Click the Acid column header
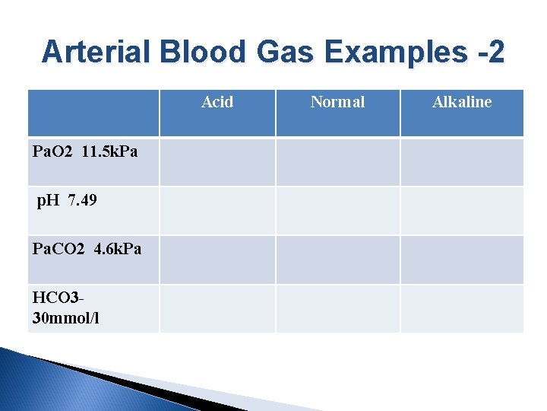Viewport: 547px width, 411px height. pos(217,102)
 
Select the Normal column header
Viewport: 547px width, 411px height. pos(337,102)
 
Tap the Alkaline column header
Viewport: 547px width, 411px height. pos(462,102)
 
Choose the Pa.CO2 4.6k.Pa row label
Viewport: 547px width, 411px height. pos(87,249)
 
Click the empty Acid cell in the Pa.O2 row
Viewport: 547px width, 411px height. pos(217,161)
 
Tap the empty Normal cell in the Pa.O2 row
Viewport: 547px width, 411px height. pos(337,161)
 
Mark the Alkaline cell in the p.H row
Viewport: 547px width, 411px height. pos(462,210)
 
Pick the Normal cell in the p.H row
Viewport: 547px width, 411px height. pos(337,210)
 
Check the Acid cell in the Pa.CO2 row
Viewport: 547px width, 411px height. pos(217,260)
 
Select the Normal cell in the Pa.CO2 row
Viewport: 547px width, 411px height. pos(337,260)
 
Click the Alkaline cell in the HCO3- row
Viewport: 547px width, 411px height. pos(462,308)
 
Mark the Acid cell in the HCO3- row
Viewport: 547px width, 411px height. pos(217,308)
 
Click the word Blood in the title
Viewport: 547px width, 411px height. pos(202,52)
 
